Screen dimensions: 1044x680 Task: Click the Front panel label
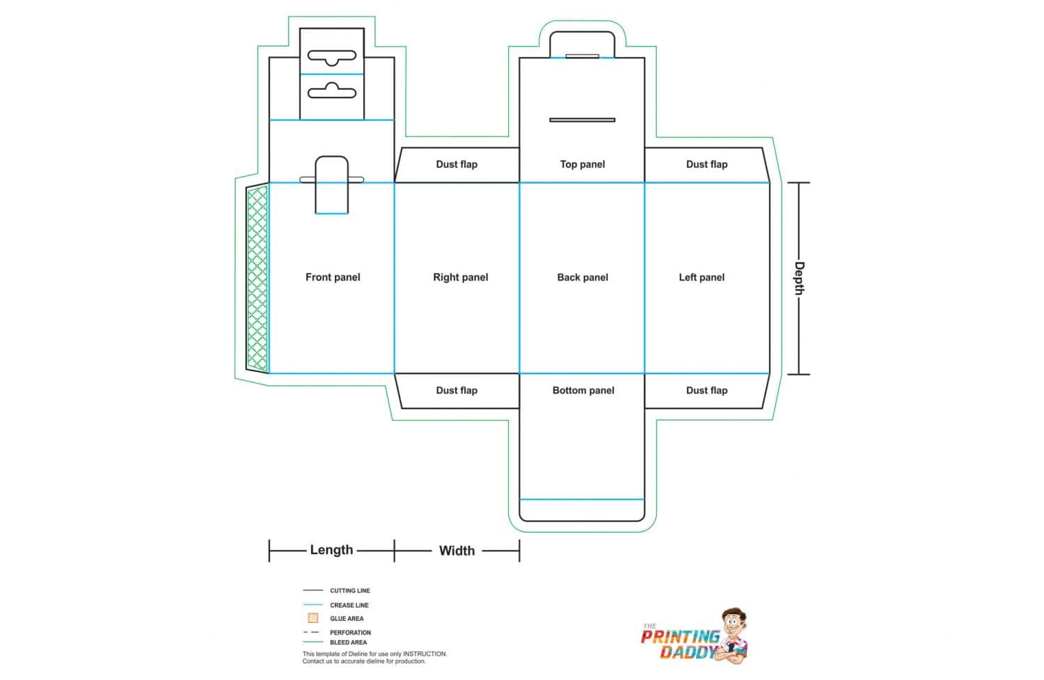point(333,277)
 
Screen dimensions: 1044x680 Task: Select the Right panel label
point(461,277)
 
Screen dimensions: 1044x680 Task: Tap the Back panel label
point(583,277)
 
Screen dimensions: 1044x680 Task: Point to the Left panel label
point(702,277)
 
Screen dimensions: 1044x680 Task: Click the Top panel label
point(582,164)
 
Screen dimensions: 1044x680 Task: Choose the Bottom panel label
point(583,390)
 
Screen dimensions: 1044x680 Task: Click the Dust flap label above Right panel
point(457,164)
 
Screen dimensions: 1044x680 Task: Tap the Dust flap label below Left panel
point(706,390)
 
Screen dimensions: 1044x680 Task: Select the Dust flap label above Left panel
point(706,164)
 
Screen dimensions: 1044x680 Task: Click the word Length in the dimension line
point(331,549)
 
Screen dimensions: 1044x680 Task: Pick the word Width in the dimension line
point(457,551)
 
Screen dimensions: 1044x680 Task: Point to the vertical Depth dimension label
point(799,278)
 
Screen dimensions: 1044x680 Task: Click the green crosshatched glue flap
point(258,278)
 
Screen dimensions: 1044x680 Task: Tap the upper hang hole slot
point(332,57)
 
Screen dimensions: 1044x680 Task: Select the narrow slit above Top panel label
point(582,120)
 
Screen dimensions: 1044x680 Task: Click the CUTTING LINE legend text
point(350,590)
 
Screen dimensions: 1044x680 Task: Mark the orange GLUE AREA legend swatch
point(313,618)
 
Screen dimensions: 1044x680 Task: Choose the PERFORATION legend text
point(351,633)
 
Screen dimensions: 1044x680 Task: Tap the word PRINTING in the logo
point(681,637)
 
